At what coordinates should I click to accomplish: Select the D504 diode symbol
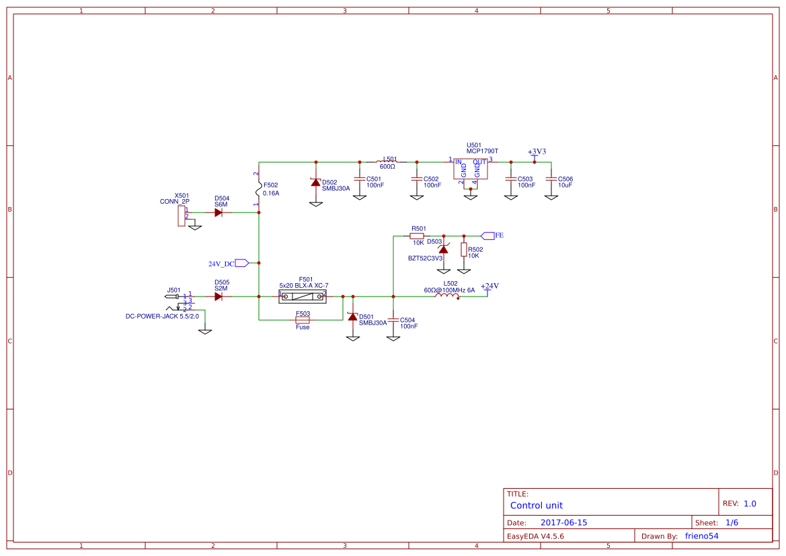tap(219, 212)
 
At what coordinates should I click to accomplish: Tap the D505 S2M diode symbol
tap(219, 296)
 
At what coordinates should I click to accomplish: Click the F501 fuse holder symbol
tap(303, 296)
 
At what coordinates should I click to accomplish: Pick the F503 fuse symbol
tap(303, 320)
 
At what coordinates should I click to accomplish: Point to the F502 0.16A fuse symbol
tap(259, 189)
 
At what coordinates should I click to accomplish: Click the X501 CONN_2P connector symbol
tap(182, 215)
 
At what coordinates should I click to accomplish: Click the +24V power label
tap(489, 287)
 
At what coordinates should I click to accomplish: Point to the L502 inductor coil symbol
tap(449, 296)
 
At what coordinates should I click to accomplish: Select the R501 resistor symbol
tap(417, 236)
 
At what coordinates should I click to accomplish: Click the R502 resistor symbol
tap(463, 249)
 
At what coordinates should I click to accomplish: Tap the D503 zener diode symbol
tap(443, 249)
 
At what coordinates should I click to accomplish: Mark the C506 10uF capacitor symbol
tap(551, 180)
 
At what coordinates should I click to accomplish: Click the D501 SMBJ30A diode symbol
tap(352, 316)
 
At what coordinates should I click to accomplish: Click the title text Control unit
tap(537, 506)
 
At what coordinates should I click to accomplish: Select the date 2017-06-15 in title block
tap(563, 522)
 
